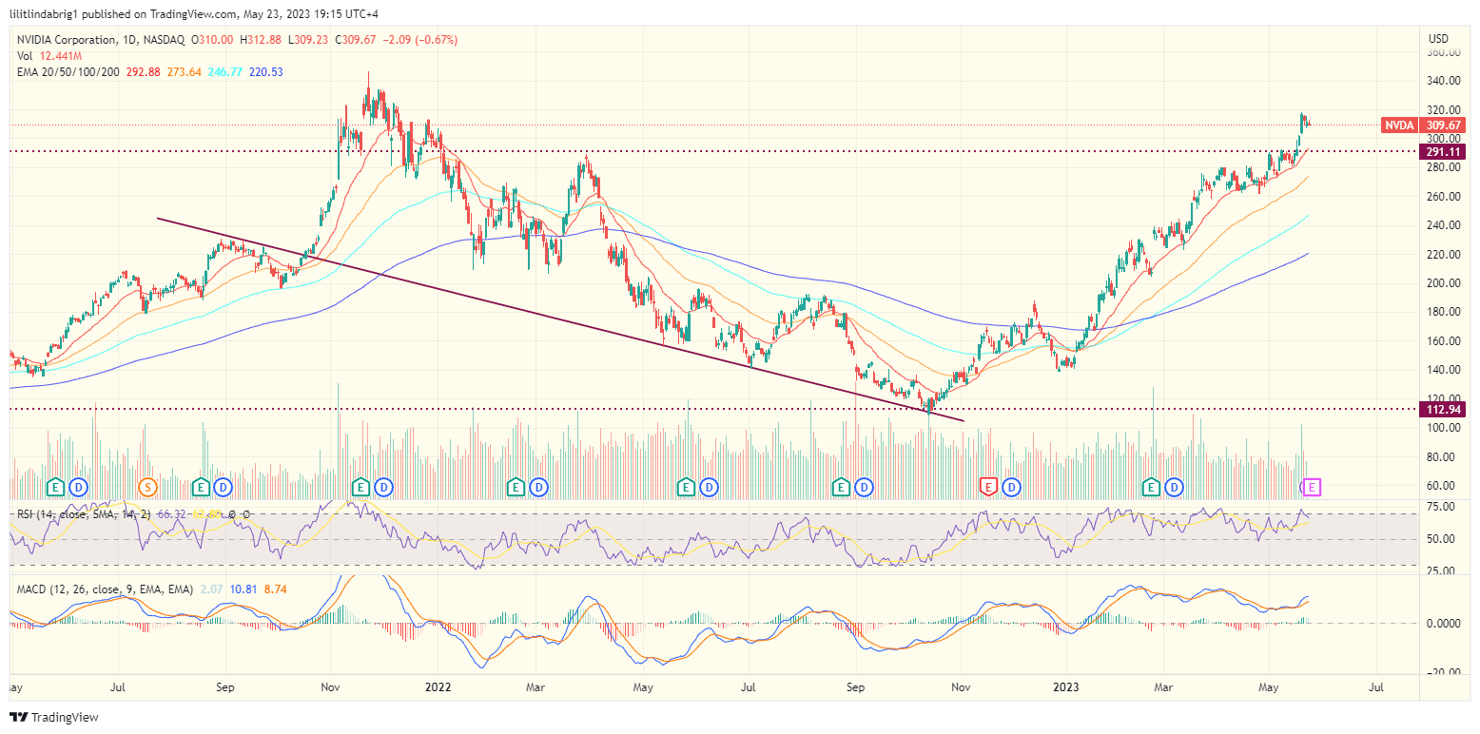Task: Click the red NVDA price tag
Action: [x=1398, y=125]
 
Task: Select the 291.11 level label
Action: [x=1442, y=151]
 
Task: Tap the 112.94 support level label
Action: [x=1442, y=409]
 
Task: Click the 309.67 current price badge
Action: [x=1442, y=125]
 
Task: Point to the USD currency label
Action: [x=1438, y=39]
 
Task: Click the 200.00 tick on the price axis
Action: [x=1443, y=283]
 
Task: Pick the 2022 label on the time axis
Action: [x=437, y=686]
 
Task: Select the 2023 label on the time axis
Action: [x=1067, y=686]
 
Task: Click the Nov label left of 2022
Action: [x=330, y=686]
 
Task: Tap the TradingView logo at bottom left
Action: [x=54, y=717]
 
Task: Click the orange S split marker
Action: [x=146, y=487]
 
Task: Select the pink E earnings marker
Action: [x=1313, y=487]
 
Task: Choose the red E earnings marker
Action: [x=987, y=487]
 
